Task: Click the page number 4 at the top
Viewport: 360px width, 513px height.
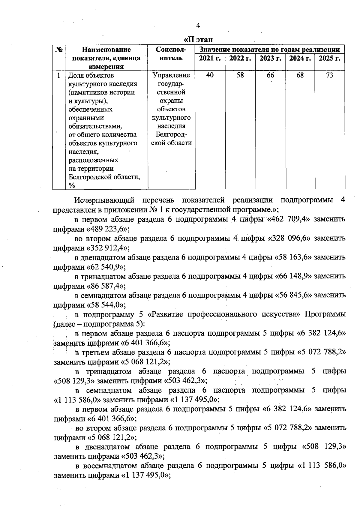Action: [198, 25]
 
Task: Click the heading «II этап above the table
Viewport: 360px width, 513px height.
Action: [198, 40]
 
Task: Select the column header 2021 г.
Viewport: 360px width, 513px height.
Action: [210, 58]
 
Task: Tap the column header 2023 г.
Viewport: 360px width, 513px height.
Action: [270, 58]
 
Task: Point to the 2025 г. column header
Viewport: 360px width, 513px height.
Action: [329, 58]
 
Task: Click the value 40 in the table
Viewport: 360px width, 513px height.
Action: [210, 75]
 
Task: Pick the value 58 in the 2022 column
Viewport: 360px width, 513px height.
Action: [240, 75]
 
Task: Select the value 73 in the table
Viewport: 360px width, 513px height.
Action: [329, 75]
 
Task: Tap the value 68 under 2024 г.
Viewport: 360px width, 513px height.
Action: [300, 75]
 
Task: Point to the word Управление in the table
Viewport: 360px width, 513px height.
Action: [171, 75]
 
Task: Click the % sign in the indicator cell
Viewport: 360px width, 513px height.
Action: [72, 186]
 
